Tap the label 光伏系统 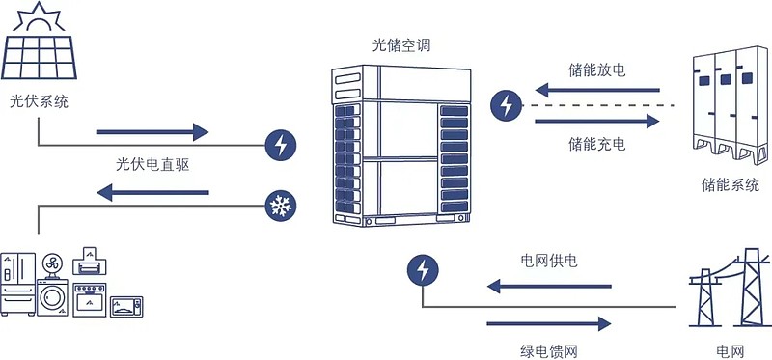coord(40,100)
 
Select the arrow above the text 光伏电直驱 coord(152,132)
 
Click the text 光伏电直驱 coord(152,164)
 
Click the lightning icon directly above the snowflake coord(280,146)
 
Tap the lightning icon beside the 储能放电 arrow coord(504,105)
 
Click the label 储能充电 coord(597,145)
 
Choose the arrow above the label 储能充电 coord(597,122)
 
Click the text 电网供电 coord(550,261)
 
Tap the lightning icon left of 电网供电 coord(422,269)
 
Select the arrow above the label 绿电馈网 coord(549,322)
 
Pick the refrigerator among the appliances coord(17,284)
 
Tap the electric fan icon coord(52,263)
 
